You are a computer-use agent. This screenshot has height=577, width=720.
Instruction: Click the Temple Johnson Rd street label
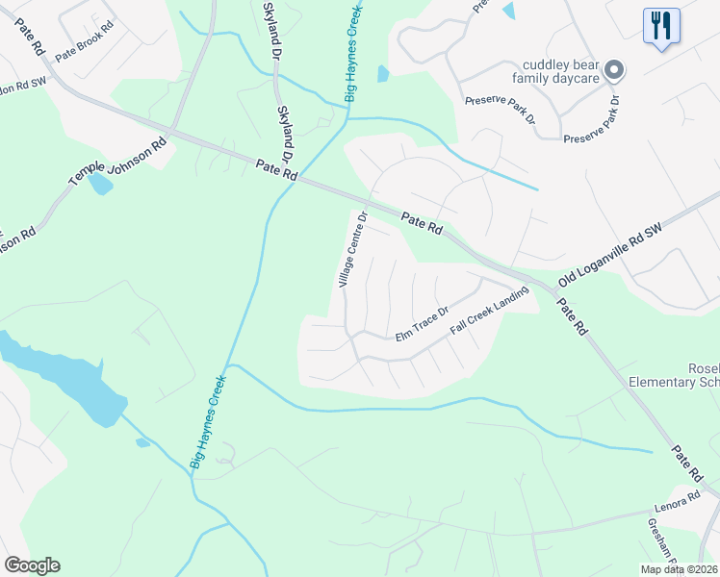coord(116,160)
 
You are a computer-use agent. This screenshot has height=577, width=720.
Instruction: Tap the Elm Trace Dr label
coord(422,323)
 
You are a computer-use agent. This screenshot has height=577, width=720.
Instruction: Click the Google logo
coord(32,564)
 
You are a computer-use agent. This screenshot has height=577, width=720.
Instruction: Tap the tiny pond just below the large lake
coord(142,442)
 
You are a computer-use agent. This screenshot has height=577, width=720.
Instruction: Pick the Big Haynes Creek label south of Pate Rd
coord(208,421)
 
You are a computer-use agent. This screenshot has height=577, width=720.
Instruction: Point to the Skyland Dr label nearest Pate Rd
coord(285,135)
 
